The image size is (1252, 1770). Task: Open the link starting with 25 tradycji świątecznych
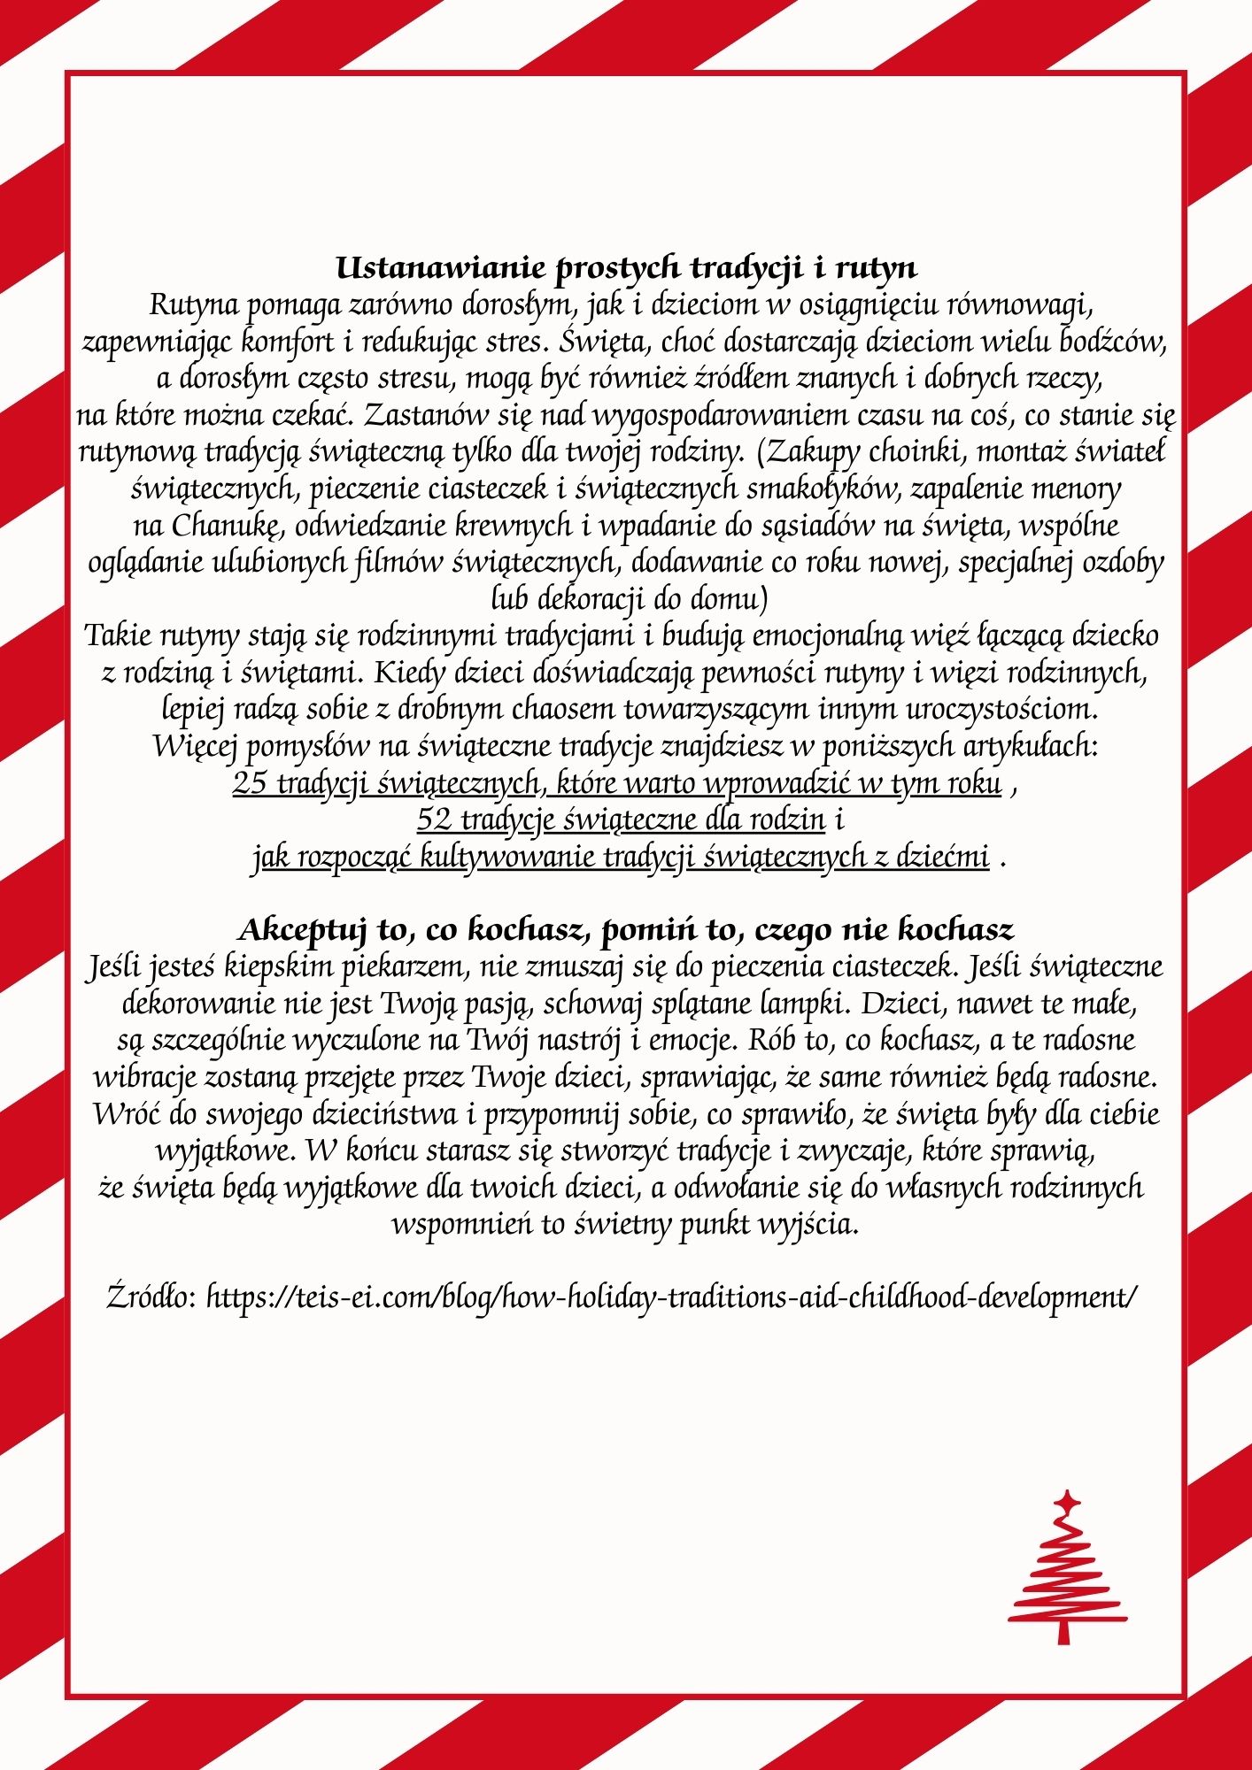[x=617, y=784]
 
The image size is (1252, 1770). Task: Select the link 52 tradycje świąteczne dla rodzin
[x=622, y=820]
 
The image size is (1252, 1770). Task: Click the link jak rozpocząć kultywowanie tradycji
[x=621, y=858]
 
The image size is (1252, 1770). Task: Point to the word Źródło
[x=151, y=1297]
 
